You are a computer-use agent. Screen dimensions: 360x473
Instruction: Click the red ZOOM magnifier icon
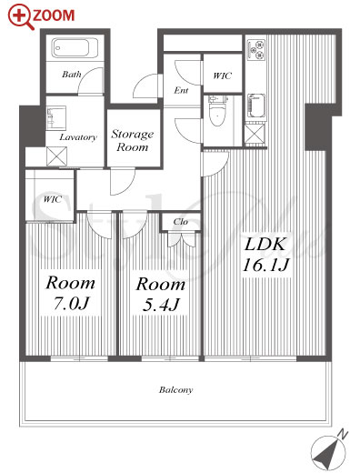[x=20, y=17]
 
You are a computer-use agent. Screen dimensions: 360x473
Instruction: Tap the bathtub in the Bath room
[x=75, y=48]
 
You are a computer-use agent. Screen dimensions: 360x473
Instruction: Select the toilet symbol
[x=217, y=110]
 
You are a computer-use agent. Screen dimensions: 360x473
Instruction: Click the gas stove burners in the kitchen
[x=256, y=49]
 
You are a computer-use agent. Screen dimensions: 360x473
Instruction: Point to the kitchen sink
[x=256, y=106]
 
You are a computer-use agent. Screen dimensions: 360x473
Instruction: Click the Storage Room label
[x=133, y=140]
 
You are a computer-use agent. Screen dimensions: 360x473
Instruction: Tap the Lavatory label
[x=78, y=137]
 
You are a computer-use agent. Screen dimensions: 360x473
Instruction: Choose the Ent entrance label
[x=181, y=90]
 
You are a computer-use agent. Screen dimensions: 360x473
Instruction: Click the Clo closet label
[x=181, y=222]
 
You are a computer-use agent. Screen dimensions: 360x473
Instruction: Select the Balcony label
[x=175, y=389]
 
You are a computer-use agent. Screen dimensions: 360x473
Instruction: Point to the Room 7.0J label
[x=71, y=293]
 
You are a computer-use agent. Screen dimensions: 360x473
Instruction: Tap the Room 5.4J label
[x=161, y=294]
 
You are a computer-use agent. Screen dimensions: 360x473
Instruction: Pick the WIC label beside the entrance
[x=222, y=75]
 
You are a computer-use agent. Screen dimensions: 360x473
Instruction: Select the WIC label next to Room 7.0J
[x=52, y=199]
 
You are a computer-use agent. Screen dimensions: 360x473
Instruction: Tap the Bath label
[x=72, y=74]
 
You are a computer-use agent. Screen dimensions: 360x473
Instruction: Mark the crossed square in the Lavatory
[x=56, y=156]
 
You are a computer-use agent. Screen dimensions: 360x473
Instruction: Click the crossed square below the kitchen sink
[x=255, y=134]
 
